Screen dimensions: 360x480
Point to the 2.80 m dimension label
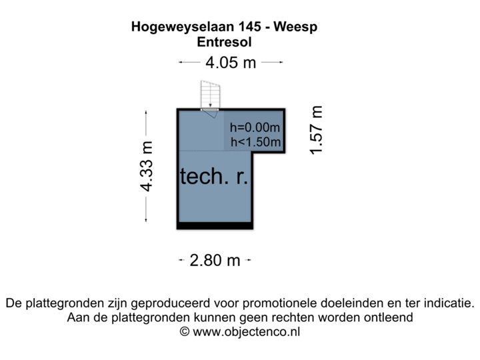click(x=215, y=261)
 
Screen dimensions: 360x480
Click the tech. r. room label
click(x=213, y=177)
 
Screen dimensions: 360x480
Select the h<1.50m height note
click(x=255, y=141)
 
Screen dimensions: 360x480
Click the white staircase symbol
click(x=211, y=94)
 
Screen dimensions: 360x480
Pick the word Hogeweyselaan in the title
click(x=175, y=28)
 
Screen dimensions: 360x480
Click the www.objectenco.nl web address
click(x=247, y=332)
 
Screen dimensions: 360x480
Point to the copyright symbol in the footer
click(x=185, y=332)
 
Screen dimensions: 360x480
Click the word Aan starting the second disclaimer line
click(x=78, y=318)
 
